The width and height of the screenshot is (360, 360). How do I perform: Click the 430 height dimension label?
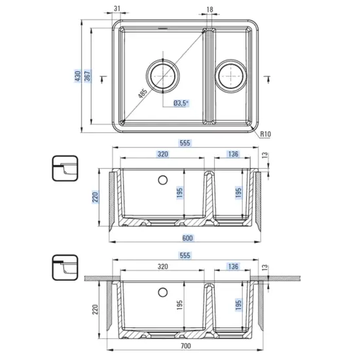[78, 76]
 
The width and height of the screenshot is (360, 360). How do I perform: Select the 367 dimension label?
[88, 76]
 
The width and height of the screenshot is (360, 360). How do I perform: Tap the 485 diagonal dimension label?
[143, 94]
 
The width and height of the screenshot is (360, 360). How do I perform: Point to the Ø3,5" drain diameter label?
[181, 103]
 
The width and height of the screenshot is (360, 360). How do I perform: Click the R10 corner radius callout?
[265, 134]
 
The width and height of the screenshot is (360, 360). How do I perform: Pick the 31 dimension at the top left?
[117, 9]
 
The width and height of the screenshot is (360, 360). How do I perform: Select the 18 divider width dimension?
[209, 9]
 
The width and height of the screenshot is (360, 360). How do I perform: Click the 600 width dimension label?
[187, 238]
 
